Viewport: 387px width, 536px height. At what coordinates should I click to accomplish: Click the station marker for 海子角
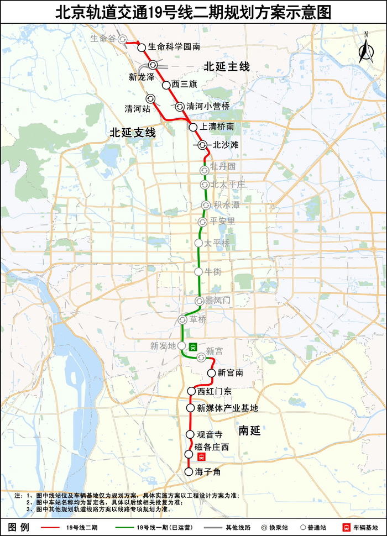[189, 472]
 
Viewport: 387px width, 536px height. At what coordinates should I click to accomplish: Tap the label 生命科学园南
[174, 48]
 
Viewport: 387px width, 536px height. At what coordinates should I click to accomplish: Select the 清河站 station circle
[150, 98]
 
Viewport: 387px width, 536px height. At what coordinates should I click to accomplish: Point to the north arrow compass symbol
[365, 50]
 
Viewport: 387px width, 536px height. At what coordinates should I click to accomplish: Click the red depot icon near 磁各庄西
[202, 457]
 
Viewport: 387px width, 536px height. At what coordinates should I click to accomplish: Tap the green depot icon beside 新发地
[192, 346]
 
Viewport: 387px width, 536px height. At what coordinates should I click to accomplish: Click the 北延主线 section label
[227, 67]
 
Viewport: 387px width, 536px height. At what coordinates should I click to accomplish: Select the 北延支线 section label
[133, 133]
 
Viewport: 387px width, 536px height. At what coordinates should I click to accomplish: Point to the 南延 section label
[249, 430]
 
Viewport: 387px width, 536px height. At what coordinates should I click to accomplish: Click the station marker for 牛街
[198, 271]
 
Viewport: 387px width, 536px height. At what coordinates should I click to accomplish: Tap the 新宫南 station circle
[211, 373]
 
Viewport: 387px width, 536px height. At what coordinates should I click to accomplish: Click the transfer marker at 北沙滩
[203, 145]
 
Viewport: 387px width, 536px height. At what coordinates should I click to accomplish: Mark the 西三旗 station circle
[166, 85]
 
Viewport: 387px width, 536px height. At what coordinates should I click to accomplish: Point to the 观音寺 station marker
[190, 434]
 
